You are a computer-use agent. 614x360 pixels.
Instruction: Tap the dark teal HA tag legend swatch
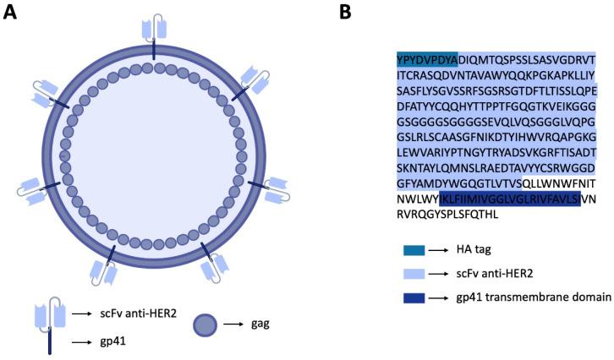tap(414, 250)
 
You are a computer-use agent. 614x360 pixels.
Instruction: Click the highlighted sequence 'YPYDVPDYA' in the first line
tap(428, 59)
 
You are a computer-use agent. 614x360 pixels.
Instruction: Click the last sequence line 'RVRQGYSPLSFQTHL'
tap(447, 212)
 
